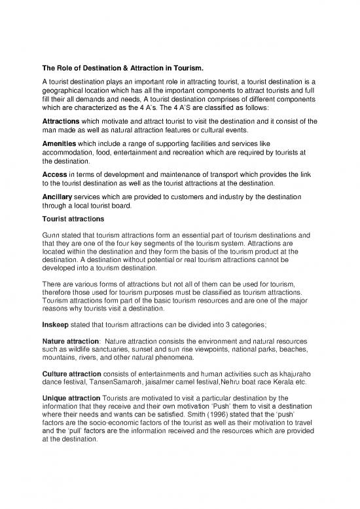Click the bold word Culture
coord(49,374)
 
